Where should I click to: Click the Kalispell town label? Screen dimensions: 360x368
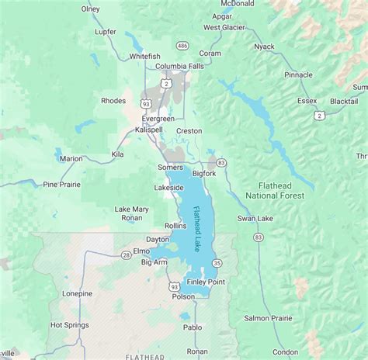(146, 130)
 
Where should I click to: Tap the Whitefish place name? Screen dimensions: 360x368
(145, 57)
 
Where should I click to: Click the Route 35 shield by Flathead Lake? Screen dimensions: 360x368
(217, 263)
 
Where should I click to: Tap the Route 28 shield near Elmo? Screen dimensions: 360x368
(126, 254)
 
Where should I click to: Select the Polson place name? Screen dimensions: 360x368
(184, 296)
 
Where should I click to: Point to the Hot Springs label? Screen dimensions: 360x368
(67, 325)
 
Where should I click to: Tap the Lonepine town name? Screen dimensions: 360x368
(78, 293)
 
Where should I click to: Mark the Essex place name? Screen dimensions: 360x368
(307, 102)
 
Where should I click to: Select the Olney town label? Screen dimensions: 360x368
(91, 9)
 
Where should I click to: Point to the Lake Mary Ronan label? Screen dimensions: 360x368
(131, 214)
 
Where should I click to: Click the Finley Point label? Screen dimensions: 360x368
(206, 282)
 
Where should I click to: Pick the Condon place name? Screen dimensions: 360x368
(286, 351)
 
